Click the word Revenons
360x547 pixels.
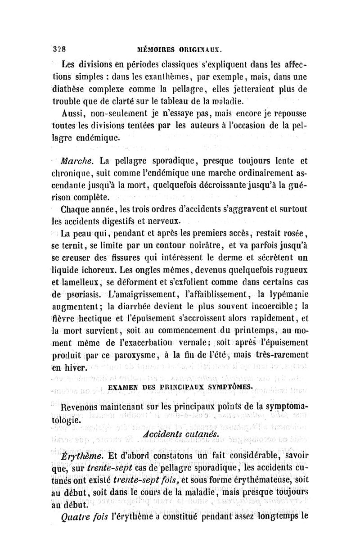[x=82, y=408]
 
